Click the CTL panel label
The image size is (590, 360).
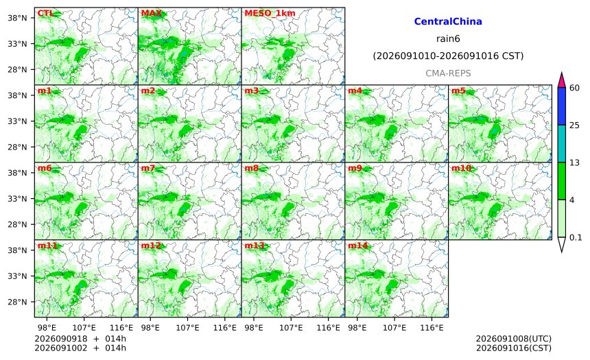coord(45,13)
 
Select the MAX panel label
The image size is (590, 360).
coord(151,13)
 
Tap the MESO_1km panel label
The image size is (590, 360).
coord(270,13)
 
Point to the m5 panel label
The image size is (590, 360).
coord(458,91)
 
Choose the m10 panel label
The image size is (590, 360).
coord(461,168)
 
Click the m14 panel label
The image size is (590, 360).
coord(357,245)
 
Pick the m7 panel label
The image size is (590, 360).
coord(148,168)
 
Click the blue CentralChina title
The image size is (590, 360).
coord(448,21)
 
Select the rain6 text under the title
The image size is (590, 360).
coord(448,39)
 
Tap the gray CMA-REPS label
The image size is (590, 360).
coord(448,73)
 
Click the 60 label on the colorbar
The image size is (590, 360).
coord(575,88)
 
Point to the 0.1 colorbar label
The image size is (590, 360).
coord(576,237)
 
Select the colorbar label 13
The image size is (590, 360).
coord(575,163)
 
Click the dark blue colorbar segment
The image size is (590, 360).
coord(562,106)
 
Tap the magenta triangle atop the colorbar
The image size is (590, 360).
coord(562,80)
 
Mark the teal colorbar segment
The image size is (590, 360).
coord(562,144)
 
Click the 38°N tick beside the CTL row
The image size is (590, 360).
coord(17,18)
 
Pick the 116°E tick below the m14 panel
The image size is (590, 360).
coord(432,328)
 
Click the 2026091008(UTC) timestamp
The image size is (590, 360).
coord(514,339)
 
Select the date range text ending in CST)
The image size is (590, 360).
coord(448,56)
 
